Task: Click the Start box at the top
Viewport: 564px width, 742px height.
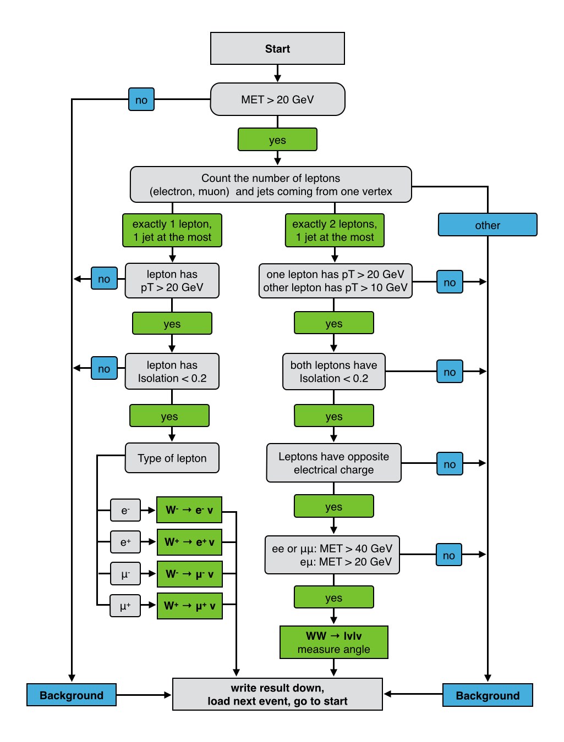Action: click(x=277, y=48)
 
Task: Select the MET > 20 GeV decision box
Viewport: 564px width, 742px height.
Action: click(x=277, y=99)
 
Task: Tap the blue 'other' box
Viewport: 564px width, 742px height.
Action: click(x=488, y=225)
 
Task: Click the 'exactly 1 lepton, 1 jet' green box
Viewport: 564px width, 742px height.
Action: click(x=172, y=230)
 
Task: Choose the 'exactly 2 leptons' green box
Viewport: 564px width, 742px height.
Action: click(x=335, y=230)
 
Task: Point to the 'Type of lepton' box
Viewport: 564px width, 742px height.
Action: click(x=172, y=458)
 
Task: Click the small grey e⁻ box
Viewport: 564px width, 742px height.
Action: click(x=125, y=510)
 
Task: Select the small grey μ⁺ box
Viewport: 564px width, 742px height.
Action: click(x=125, y=606)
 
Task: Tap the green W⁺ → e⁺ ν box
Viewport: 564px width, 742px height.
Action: click(x=189, y=542)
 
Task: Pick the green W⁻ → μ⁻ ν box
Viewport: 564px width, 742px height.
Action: click(x=189, y=574)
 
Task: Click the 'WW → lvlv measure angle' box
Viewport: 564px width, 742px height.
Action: click(x=334, y=642)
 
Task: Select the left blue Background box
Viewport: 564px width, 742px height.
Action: click(x=72, y=695)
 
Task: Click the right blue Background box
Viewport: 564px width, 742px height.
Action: click(x=488, y=695)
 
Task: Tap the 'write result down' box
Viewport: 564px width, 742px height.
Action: click(x=277, y=694)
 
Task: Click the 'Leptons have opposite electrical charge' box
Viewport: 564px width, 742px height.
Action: click(x=334, y=463)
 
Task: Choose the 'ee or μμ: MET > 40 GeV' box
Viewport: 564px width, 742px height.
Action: click(x=332, y=555)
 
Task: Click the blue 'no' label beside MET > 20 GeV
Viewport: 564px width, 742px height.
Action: click(x=141, y=99)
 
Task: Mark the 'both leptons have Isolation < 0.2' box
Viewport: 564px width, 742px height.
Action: click(x=334, y=372)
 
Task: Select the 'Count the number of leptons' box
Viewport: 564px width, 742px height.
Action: click(x=271, y=185)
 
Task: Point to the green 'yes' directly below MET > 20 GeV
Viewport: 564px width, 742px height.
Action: click(x=277, y=140)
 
